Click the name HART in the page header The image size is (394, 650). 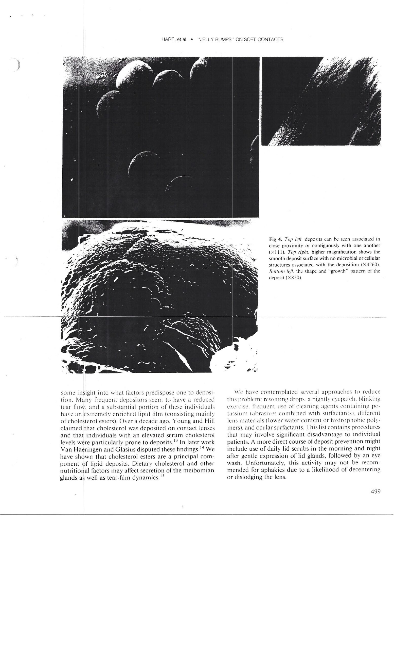point(167,40)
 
